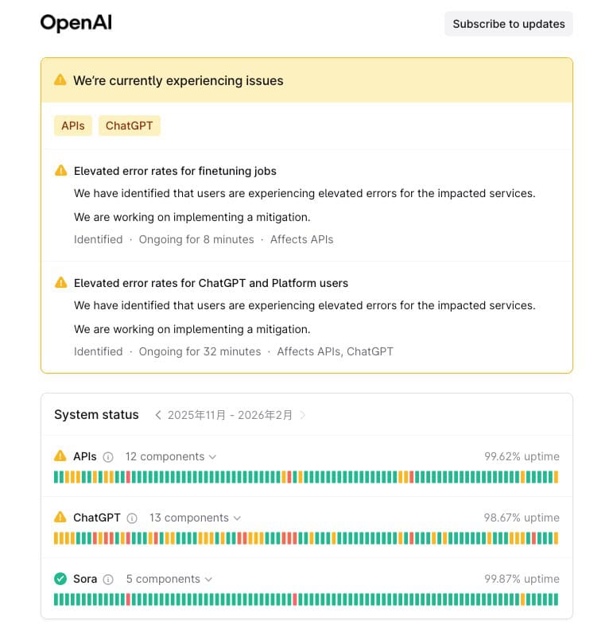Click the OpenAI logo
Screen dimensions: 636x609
(76, 23)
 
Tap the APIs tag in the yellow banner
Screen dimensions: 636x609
(73, 126)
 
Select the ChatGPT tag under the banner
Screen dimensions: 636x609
(130, 126)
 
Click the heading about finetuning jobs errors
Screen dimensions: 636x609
(175, 171)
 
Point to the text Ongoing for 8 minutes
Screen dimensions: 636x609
(196, 239)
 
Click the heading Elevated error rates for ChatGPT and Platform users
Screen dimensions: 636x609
(211, 283)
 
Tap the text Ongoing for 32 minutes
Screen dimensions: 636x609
(200, 351)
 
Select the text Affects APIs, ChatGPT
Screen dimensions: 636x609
(335, 351)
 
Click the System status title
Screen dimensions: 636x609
(96, 415)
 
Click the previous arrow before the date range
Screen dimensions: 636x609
(158, 415)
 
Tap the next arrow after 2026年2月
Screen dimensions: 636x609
(303, 415)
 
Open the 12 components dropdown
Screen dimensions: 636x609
(170, 456)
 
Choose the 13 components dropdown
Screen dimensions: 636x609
(195, 518)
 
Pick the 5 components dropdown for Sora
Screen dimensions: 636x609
(169, 579)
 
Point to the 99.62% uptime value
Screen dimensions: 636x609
(522, 456)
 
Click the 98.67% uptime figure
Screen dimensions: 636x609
(522, 518)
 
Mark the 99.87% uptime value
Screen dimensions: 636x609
(522, 579)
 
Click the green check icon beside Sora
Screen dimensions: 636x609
(60, 579)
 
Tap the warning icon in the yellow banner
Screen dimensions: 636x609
(60, 80)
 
